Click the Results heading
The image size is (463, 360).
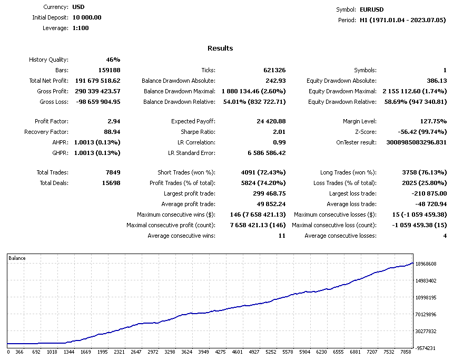pyautogui.click(x=220, y=48)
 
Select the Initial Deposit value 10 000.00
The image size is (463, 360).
pyautogui.click(x=87, y=17)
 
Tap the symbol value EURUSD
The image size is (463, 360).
pyautogui.click(x=371, y=9)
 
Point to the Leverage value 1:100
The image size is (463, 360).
pyautogui.click(x=81, y=28)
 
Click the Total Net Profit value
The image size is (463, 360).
pyautogui.click(x=98, y=81)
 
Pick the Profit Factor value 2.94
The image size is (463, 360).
pyautogui.click(x=114, y=121)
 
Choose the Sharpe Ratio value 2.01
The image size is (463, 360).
pyautogui.click(x=279, y=132)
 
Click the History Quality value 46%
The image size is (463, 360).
pyautogui.click(x=113, y=60)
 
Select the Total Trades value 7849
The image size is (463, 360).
pyautogui.click(x=113, y=172)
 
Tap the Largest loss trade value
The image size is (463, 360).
pyautogui.click(x=429, y=193)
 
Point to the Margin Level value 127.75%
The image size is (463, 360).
pyautogui.click(x=434, y=121)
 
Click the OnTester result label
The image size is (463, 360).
pyautogui.click(x=356, y=142)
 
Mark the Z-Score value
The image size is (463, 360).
pyautogui.click(x=422, y=132)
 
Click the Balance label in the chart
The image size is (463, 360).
pyautogui.click(x=17, y=258)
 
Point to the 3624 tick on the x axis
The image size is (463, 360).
pyautogui.click(x=186, y=352)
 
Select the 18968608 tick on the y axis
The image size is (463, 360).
pyautogui.click(x=426, y=264)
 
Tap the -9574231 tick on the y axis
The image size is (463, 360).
pyautogui.click(x=425, y=348)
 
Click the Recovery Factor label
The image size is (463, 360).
pyautogui.click(x=46, y=132)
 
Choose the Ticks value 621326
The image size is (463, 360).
pyautogui.click(x=274, y=70)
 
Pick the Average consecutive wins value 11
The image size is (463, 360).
pyautogui.click(x=282, y=236)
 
